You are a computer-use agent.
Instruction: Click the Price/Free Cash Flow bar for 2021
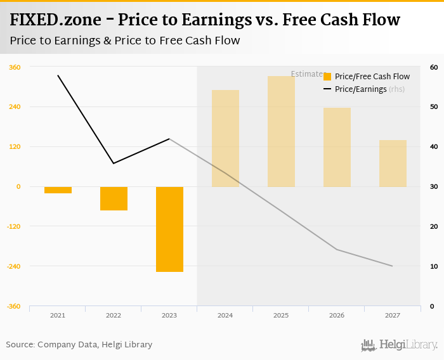tap(58, 190)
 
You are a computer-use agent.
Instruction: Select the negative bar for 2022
tap(114, 198)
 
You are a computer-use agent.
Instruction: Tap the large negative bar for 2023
tap(169, 229)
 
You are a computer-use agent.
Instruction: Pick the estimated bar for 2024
tap(225, 138)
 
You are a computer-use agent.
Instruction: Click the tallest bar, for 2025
tap(281, 131)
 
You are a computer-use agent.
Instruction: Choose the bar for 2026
tap(337, 147)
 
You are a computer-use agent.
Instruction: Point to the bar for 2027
tap(393, 164)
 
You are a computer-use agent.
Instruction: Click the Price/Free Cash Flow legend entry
tap(367, 77)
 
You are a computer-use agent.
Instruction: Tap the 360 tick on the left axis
tap(14, 67)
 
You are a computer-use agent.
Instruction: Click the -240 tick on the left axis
tap(13, 266)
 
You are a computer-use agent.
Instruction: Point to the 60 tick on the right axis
tap(434, 67)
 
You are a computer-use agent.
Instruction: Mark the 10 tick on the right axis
tap(434, 266)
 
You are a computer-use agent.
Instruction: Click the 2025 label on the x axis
tap(281, 315)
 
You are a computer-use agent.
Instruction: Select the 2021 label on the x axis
tap(58, 315)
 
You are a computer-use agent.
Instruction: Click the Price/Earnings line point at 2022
tap(114, 164)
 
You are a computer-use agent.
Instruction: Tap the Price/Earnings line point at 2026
tap(337, 250)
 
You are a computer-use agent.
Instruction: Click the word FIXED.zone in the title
tap(55, 20)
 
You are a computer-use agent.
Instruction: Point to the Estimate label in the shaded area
tap(307, 74)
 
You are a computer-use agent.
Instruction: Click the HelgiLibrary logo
tap(400, 345)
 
